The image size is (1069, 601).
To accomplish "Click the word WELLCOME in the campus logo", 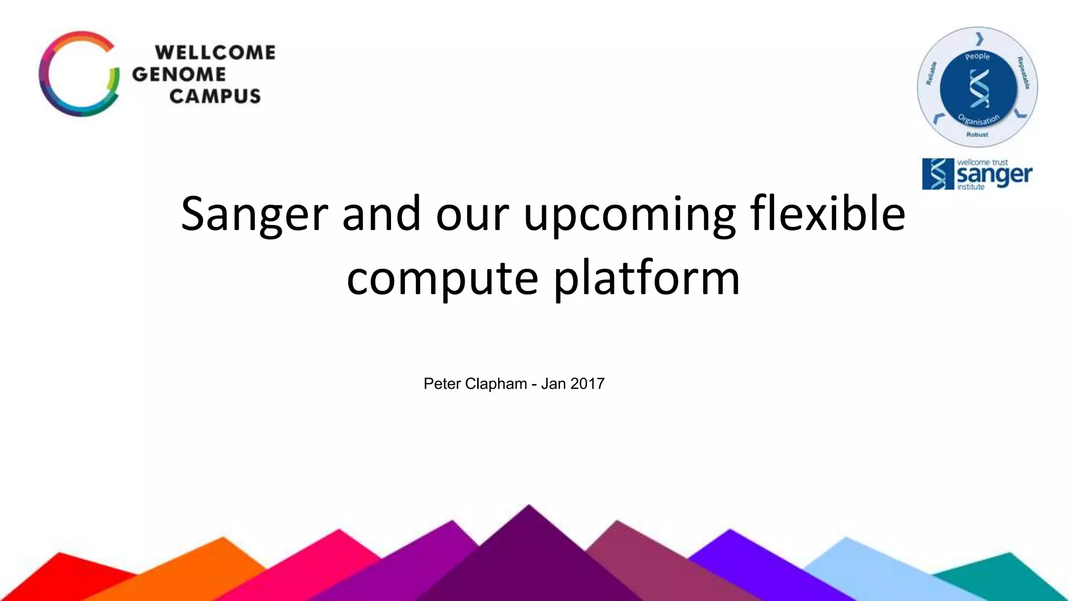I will pos(215,53).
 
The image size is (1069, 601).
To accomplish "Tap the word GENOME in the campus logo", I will pos(179,75).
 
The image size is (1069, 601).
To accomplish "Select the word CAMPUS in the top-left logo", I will pos(215,96).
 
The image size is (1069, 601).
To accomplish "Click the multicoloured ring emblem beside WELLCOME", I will pos(78,74).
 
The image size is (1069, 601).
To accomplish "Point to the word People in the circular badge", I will pos(977,56).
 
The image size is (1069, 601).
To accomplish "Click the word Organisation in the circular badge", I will pos(978,120).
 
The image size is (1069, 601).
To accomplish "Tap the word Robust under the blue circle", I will pos(977,135).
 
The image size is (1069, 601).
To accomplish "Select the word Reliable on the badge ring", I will pos(931,73).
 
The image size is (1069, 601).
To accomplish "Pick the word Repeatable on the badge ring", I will pos(1023,73).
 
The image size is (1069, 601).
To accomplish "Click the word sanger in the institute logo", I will pos(994,175).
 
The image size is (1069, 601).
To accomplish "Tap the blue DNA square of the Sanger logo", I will pos(938,174).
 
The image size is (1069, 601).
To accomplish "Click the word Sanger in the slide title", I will pos(254,214).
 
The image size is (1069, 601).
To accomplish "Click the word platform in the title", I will pos(647,278).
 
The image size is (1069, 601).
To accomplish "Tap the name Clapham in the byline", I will pos(496,384).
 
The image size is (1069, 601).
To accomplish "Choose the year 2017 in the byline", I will pos(588,384).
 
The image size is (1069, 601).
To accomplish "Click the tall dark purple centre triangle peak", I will pos(528,553).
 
